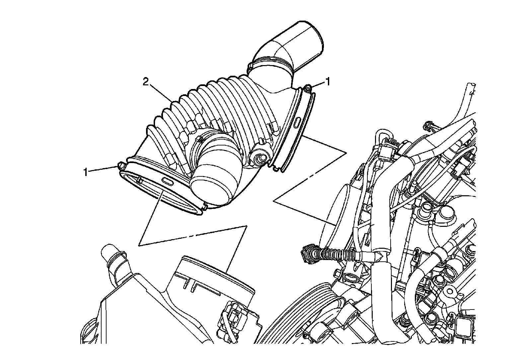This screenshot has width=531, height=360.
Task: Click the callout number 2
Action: (x=146, y=82)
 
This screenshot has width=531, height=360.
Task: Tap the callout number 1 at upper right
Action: (x=328, y=82)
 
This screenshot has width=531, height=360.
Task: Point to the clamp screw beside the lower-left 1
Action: (x=121, y=165)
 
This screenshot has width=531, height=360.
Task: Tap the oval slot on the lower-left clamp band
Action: (x=167, y=182)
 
